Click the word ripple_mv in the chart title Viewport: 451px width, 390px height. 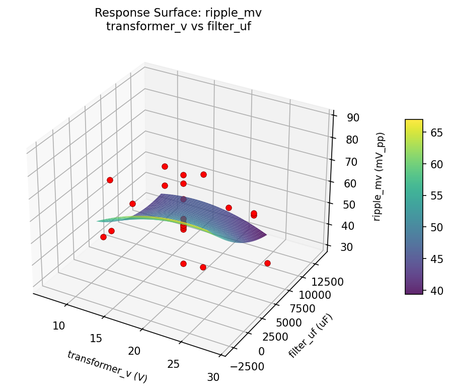238,13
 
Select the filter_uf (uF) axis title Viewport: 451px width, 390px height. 311,337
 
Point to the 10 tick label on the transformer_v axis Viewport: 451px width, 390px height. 59,326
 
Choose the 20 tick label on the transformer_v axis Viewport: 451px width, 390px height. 134,351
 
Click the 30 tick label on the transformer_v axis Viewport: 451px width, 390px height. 213,377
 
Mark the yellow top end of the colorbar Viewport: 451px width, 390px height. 414,122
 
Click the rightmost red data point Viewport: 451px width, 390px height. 267,263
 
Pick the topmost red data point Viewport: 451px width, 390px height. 165,166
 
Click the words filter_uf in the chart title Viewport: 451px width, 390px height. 230,26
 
